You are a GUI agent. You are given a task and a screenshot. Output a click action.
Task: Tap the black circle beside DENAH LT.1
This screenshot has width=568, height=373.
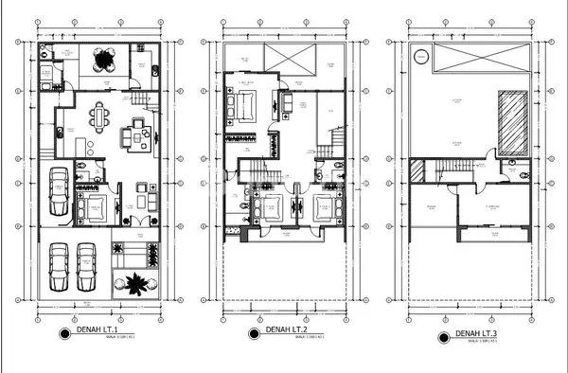pos(65,332)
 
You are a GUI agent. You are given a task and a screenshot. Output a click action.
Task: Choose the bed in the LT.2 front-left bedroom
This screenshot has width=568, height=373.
pos(272,206)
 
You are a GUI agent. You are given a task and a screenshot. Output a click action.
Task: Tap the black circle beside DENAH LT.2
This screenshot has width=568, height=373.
pos(254,332)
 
